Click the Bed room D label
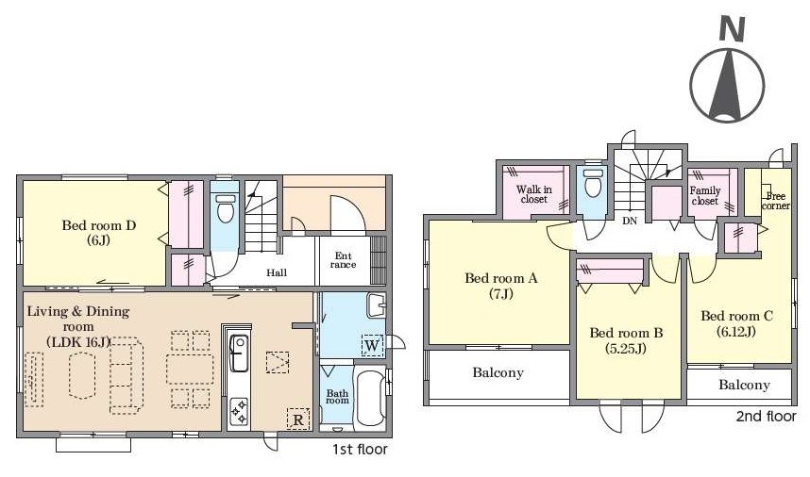click(x=99, y=225)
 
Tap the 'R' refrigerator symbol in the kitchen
click(x=298, y=419)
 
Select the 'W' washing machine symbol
click(x=372, y=345)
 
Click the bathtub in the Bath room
click(x=370, y=398)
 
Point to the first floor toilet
click(x=225, y=207)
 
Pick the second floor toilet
click(x=592, y=183)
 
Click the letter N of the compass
click(x=732, y=29)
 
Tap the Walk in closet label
click(x=534, y=194)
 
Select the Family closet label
click(x=705, y=195)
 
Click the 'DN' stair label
click(x=630, y=221)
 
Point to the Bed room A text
click(x=501, y=278)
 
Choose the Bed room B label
click(x=626, y=333)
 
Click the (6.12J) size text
click(x=736, y=332)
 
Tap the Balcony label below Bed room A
click(x=498, y=372)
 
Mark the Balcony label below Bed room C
click(x=745, y=385)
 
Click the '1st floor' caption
click(x=360, y=450)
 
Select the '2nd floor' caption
click(x=766, y=417)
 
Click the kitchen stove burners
click(x=239, y=413)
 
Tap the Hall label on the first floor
click(x=277, y=272)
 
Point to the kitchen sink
click(x=238, y=353)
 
